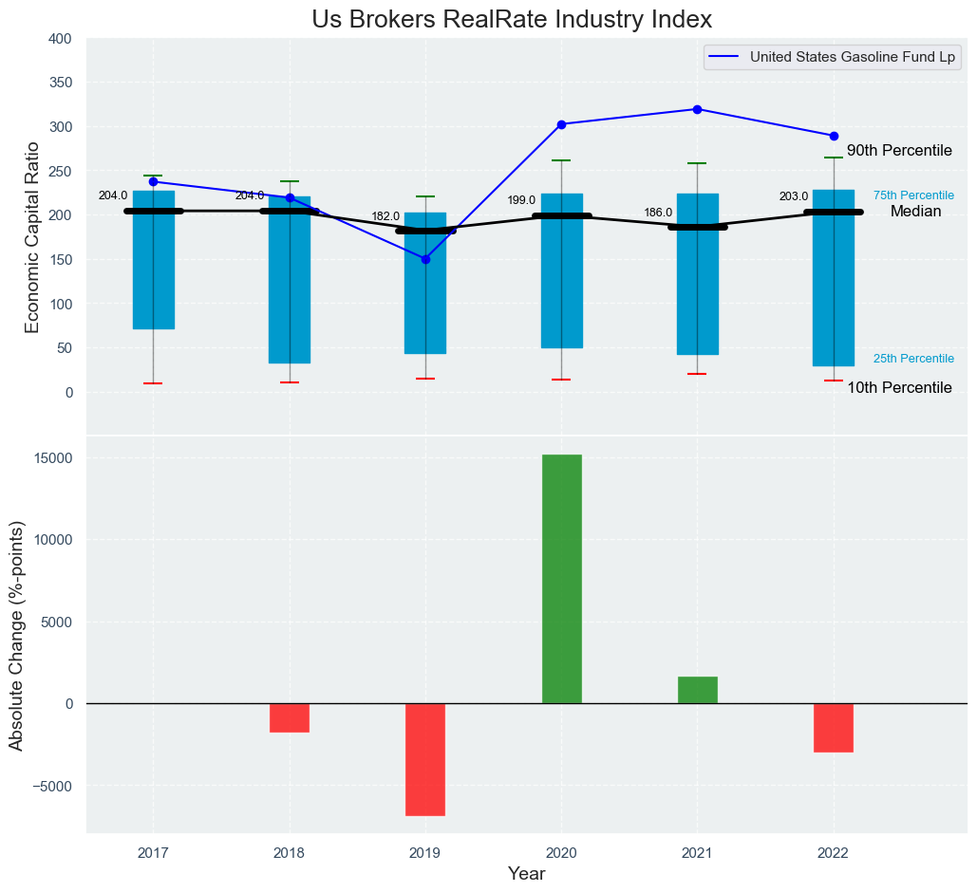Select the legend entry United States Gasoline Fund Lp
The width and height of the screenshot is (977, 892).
tap(852, 57)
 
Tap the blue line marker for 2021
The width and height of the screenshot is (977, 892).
tap(697, 109)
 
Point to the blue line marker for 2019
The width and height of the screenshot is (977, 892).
tap(425, 259)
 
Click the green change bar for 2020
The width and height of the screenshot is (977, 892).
tap(561, 579)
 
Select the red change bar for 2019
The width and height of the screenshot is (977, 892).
tap(425, 759)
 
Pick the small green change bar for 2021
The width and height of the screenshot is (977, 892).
tap(697, 690)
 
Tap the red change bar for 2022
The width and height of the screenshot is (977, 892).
tap(834, 727)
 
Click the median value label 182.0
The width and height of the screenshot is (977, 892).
tap(385, 217)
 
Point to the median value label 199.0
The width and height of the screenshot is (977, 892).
tap(521, 201)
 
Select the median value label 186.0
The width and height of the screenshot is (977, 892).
tap(658, 214)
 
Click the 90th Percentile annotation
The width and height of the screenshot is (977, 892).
tap(899, 151)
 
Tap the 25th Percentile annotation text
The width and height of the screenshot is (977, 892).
tap(913, 359)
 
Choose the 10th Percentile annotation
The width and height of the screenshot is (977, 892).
tap(899, 387)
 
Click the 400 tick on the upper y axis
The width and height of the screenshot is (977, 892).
tap(59, 39)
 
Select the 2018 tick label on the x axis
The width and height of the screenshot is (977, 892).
tap(290, 853)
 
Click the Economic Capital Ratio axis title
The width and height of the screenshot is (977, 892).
tap(32, 236)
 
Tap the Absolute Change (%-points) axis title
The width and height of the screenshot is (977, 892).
tap(16, 636)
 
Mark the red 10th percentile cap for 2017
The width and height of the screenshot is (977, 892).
tap(153, 383)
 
